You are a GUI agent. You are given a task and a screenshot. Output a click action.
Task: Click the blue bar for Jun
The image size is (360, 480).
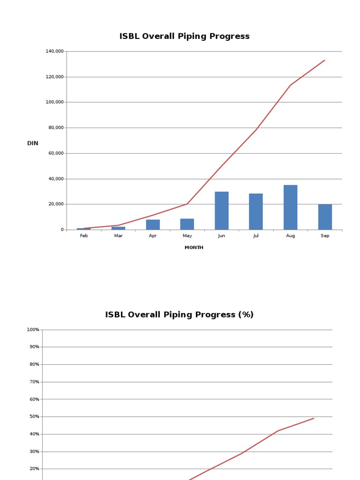coord(222,210)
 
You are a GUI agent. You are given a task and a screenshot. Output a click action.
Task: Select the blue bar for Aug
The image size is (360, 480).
coord(290,207)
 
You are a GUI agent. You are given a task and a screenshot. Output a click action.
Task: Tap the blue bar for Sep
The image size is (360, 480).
coord(325,217)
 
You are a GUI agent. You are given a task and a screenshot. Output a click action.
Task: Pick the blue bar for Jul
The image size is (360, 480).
coord(256,211)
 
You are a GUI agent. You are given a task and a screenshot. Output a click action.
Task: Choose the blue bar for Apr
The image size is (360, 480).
coord(153,225)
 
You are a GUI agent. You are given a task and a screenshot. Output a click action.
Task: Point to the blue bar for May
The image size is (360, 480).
coord(187,224)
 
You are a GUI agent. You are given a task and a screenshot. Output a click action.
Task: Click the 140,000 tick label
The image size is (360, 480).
coord(55,51)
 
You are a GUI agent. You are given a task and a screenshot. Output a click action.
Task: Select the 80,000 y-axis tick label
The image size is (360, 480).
coord(56,127)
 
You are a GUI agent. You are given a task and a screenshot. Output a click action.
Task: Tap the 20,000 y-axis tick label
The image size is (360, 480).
coord(56,204)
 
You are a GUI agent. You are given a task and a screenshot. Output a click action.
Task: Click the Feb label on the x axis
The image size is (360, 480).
coord(84,236)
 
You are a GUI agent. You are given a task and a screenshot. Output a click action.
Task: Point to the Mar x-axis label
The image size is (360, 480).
coord(119,236)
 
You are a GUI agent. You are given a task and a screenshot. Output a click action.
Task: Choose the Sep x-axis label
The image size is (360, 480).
coord(325,236)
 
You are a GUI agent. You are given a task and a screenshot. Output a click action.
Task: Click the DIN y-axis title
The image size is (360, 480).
coord(33,143)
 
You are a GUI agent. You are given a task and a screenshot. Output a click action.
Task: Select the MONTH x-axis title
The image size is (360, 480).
coord(194,247)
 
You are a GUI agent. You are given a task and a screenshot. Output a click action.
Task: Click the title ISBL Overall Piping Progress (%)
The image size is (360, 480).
coord(179,315)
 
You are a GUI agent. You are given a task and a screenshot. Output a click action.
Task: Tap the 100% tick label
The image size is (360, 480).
coord(33,330)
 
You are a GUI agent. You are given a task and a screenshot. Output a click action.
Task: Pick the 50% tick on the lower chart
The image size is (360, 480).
coord(34,417)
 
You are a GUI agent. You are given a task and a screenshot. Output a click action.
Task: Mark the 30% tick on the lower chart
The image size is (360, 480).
coord(34,451)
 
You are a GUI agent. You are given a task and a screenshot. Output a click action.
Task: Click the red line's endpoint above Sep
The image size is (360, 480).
coord(324,60)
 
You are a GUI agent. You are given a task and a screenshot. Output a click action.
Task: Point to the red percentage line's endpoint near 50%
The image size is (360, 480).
coord(314,418)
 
